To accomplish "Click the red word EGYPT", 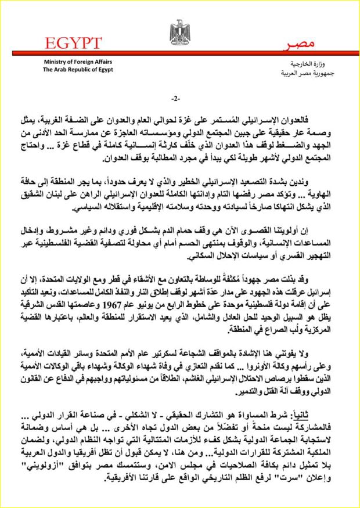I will click(x=71, y=42).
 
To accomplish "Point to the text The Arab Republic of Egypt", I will click(x=77, y=69).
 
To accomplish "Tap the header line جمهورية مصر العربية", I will click(x=290, y=71).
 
